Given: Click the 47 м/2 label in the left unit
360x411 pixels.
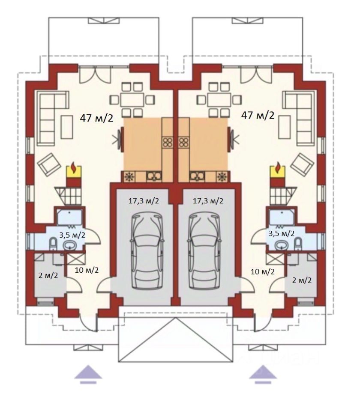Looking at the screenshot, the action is tap(96, 118).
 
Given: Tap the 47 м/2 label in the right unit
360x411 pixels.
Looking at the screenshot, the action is tap(258, 115).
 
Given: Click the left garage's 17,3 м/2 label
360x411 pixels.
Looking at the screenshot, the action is tap(144, 201).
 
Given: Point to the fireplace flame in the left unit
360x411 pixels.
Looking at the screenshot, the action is tap(74, 168).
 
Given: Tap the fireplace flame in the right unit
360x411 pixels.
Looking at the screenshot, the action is tap(277, 168).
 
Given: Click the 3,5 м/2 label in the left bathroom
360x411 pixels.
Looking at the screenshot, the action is tap(72, 235).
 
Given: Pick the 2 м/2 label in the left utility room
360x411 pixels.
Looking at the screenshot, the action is tap(48, 275).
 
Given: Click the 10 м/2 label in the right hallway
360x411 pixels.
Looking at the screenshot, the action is tap(263, 272).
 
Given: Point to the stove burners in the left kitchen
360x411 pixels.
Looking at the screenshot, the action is tap(167, 142).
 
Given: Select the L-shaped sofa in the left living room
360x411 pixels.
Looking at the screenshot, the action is tap(53, 118).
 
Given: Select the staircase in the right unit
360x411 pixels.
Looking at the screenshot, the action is tap(283, 195).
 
